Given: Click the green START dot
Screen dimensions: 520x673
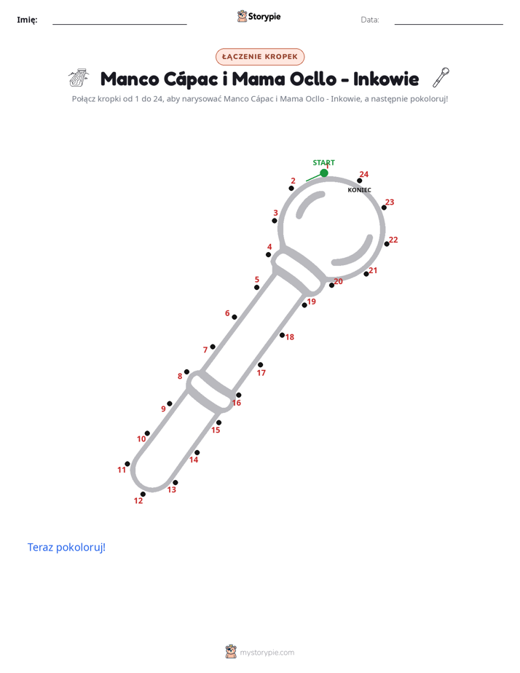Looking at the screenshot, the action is click(324, 173).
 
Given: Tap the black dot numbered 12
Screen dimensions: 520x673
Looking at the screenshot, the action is click(143, 495).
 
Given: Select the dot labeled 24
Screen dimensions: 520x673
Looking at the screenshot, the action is click(360, 181).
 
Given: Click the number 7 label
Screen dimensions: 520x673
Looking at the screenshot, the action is click(205, 350).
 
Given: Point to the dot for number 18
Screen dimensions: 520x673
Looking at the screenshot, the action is click(282, 335).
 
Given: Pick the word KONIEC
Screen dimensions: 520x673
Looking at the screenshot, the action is click(359, 189).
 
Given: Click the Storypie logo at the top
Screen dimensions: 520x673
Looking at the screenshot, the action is click(259, 16).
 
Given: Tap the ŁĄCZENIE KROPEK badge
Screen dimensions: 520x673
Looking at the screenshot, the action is click(260, 57).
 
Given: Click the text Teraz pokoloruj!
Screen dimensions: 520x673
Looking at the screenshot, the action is click(66, 547).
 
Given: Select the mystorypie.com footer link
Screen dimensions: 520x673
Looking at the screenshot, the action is click(260, 652).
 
